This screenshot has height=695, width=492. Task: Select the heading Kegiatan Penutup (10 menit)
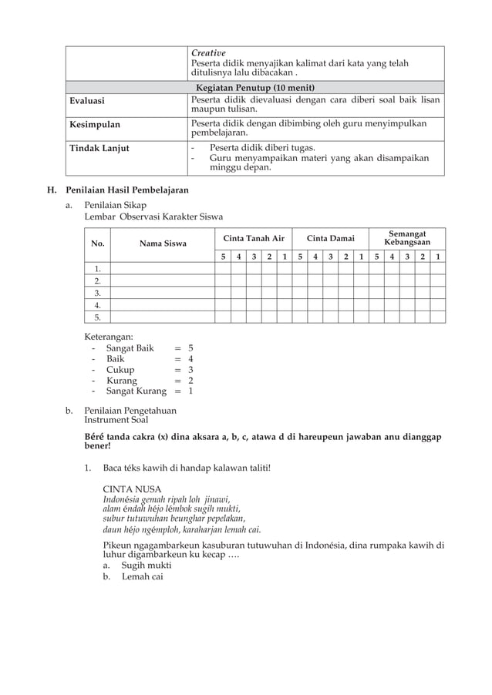(255, 87)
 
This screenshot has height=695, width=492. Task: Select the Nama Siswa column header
(163, 243)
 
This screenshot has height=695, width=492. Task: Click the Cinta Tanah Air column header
(253, 239)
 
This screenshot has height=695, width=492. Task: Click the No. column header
(98, 243)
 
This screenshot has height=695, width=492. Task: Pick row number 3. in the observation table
(98, 293)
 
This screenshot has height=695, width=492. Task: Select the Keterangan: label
(109, 337)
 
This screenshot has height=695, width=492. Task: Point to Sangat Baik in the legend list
(130, 348)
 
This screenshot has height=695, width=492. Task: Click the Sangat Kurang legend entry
(136, 391)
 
